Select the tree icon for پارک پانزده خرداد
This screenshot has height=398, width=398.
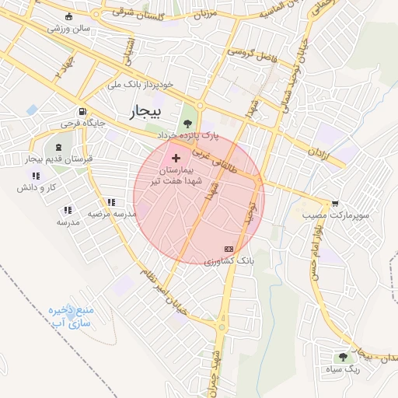(187, 122)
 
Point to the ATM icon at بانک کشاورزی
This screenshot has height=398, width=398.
(228, 249)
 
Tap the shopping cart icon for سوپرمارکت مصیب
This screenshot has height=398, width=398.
(335, 203)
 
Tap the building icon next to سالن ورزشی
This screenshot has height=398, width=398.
(72, 17)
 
